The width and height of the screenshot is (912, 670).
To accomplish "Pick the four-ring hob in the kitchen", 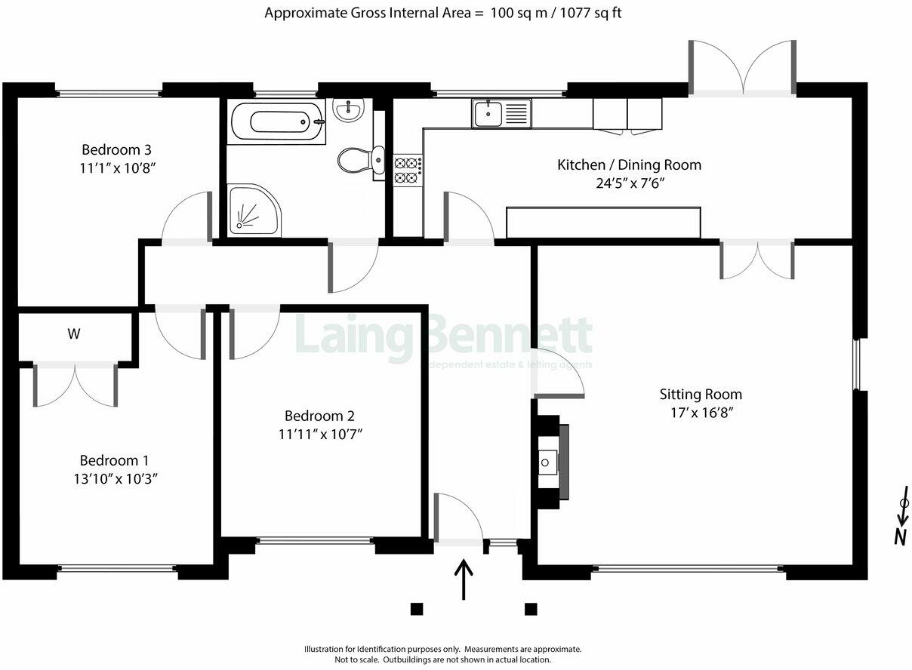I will pos(407,170).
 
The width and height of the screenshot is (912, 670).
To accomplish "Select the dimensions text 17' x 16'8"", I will pos(701,413).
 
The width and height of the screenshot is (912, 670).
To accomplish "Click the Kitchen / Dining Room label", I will pos(629,164).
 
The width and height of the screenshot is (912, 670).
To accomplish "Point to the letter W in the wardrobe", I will pos(73,333).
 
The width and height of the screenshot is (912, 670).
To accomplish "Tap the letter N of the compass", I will pos(900,537).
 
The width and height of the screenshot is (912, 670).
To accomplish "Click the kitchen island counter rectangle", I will pos(603,223).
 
